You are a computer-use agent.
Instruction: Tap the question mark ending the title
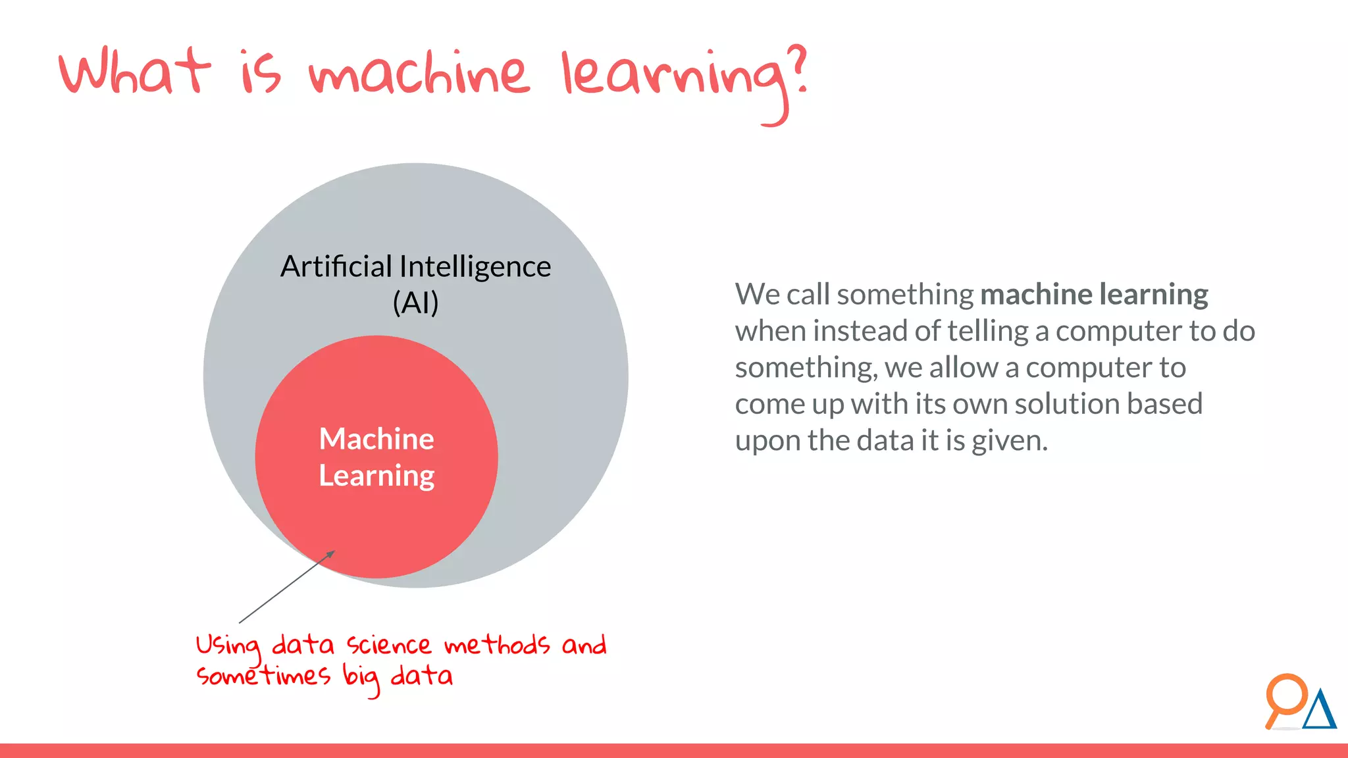click(797, 69)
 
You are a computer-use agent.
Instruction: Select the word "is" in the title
click(261, 74)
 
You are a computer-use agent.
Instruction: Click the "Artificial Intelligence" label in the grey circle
click(415, 266)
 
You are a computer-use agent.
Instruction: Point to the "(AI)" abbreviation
click(415, 303)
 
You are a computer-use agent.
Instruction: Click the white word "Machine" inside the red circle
click(376, 439)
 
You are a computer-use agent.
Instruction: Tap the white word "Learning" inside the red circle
click(376, 476)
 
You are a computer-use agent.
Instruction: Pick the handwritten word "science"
click(389, 645)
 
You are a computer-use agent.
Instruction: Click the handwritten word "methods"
click(497, 645)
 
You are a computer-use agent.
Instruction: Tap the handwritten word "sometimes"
click(263, 676)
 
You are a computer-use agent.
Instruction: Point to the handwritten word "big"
click(361, 678)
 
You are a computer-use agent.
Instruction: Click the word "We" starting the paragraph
click(757, 294)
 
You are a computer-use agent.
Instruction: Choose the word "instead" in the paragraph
click(860, 331)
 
